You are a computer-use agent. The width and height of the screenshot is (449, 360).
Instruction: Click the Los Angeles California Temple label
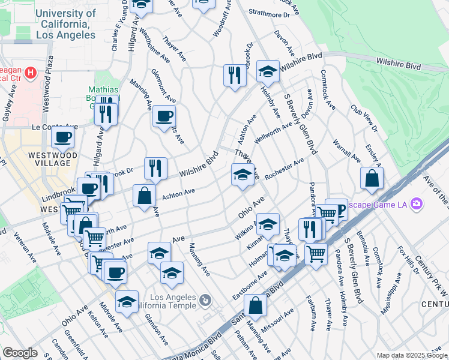(173, 302)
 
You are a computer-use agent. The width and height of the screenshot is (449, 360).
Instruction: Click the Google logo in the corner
(20, 353)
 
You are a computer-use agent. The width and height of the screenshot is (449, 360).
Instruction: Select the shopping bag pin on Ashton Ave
(145, 196)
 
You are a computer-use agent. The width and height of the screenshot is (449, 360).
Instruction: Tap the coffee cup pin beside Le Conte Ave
(62, 138)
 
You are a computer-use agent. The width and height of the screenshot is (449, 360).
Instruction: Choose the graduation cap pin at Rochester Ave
(243, 175)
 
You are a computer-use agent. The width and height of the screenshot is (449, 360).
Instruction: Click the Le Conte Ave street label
(55, 127)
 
